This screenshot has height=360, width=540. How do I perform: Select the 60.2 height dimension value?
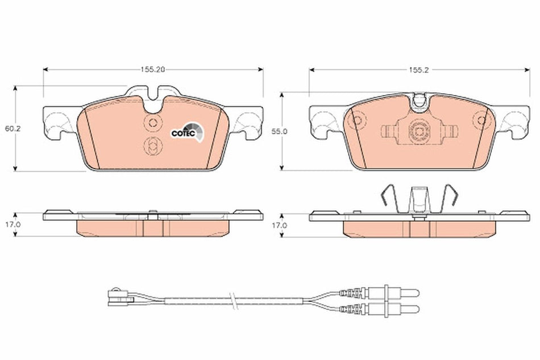coord(9,129)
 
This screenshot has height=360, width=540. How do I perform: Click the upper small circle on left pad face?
coord(153,123)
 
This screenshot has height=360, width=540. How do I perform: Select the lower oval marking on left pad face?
coord(153,145)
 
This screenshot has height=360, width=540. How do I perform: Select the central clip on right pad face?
coord(419,131)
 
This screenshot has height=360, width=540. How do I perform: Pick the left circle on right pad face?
coord(356,121)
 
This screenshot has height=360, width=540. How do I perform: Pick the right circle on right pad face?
coord(482,121)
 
